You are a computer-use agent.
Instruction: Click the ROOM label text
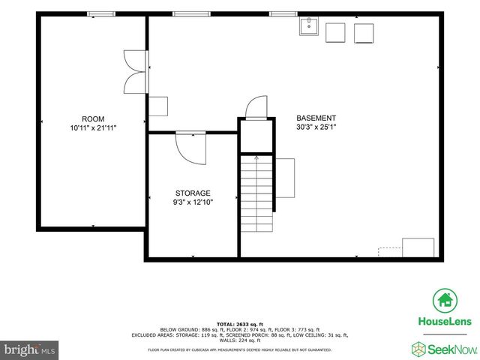[93, 119]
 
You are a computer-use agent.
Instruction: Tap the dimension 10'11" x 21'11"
[93, 128]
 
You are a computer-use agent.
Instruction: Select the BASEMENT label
[316, 118]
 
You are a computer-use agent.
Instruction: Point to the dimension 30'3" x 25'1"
[316, 127]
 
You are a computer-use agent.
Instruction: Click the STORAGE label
[193, 193]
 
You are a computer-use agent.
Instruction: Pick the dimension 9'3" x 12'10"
[193, 202]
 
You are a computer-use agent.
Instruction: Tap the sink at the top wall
[308, 28]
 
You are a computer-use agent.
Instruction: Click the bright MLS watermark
[30, 349]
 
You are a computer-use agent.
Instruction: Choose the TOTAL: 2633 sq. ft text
[239, 324]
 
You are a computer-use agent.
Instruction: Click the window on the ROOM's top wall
[96, 13]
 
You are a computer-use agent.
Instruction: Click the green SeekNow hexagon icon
[418, 348]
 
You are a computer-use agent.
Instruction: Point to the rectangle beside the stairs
[285, 178]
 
